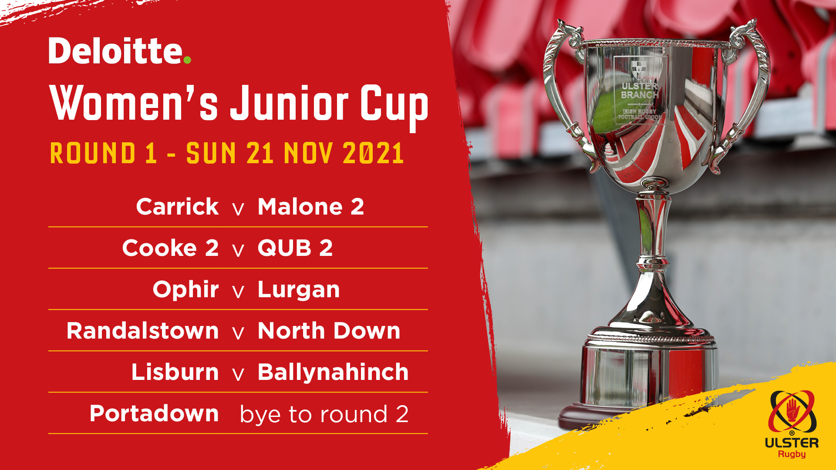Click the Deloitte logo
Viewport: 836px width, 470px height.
pos(120,50)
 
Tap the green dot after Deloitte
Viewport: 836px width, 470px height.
pos(187,60)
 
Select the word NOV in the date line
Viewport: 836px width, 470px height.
pos(308,153)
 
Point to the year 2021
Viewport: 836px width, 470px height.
pos(373,153)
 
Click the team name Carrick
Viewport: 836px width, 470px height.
pos(177,206)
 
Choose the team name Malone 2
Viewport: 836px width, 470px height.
pos(311,206)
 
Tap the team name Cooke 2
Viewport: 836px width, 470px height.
pos(170,248)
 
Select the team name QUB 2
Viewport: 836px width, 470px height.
pos(295,248)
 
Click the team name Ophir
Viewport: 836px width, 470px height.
pos(185,289)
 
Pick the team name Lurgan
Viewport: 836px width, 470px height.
pos(299,290)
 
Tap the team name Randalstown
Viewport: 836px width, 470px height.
pos(142,331)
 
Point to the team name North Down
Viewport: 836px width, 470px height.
pos(329,331)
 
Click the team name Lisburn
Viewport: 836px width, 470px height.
pos(175,372)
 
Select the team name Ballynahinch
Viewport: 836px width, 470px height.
pos(333,372)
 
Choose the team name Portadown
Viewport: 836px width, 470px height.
pos(154,413)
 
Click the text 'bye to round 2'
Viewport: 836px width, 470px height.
pos(324,414)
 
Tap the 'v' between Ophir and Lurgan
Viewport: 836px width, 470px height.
pos(238,292)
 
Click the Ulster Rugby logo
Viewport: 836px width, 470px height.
pos(792,424)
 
